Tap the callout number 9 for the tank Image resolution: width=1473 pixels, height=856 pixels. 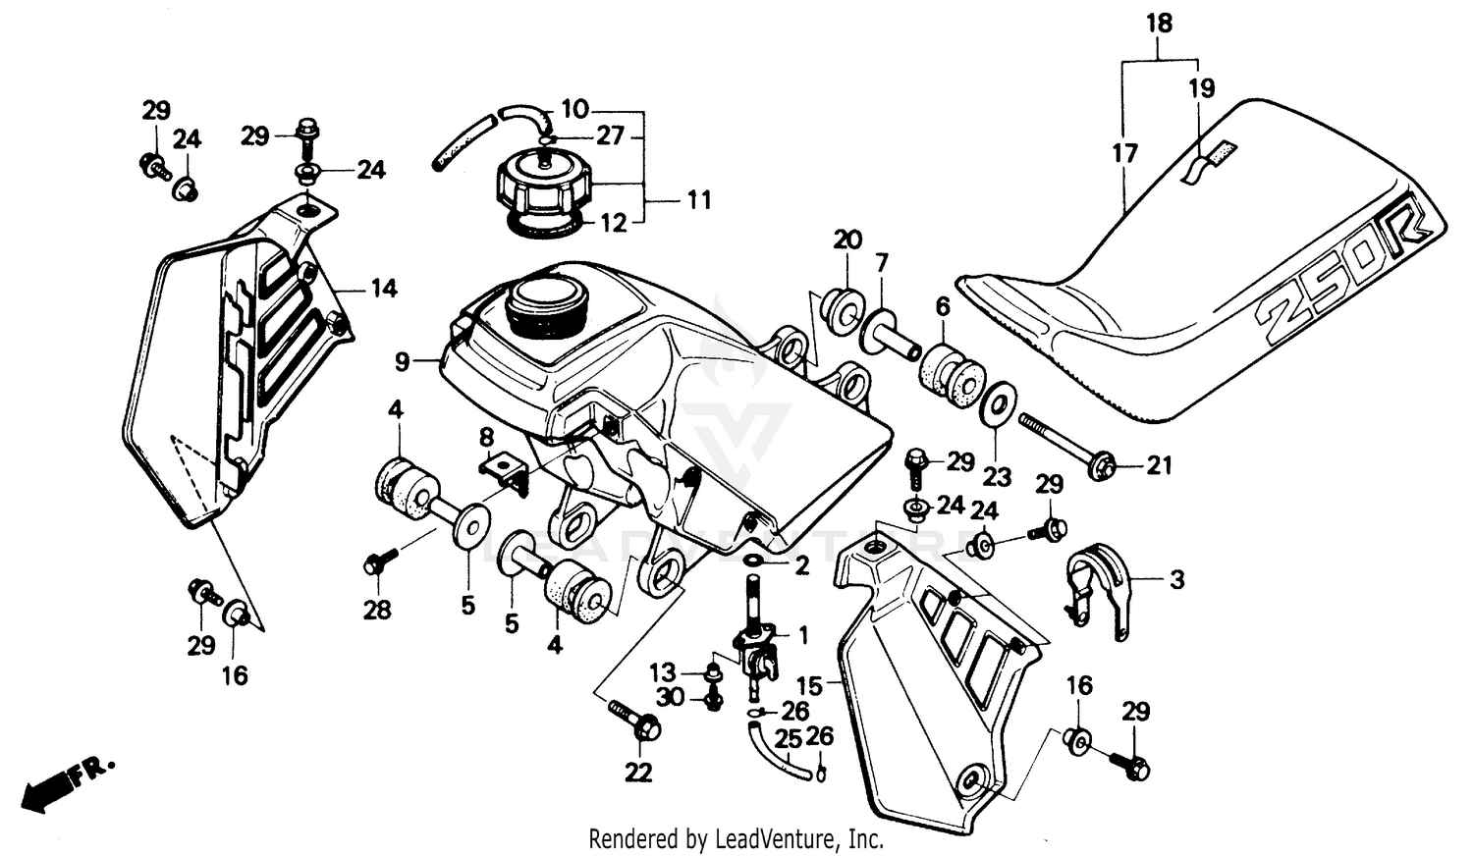point(402,362)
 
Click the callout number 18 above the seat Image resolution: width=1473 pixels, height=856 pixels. point(1160,23)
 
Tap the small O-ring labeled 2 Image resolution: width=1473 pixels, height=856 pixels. point(754,560)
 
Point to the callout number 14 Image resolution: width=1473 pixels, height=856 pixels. point(383,288)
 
